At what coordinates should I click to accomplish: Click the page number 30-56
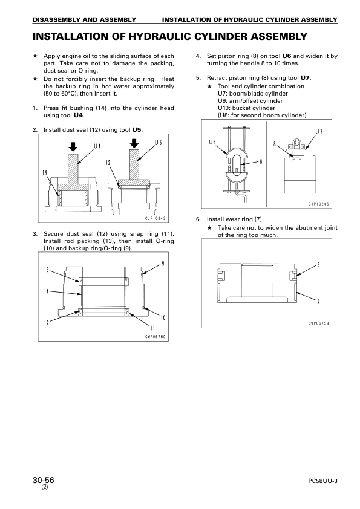coord(43,480)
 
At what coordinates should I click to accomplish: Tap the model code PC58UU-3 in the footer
coord(322,481)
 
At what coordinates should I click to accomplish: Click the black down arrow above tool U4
coord(73,147)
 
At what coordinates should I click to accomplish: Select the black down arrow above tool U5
coord(134,143)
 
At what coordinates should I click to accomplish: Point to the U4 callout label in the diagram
coord(97,146)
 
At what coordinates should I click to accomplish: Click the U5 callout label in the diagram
coord(159,143)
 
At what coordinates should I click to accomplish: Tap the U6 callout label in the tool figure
coord(212,142)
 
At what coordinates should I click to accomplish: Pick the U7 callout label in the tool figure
coord(319,132)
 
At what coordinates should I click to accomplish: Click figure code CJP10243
coord(155,218)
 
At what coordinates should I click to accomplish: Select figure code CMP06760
coord(155,337)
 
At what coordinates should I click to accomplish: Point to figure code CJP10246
coord(319,204)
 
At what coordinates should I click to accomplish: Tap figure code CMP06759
coord(319,323)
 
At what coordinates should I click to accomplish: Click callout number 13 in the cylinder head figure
coord(47,270)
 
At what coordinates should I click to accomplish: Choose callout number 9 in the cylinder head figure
coord(163,264)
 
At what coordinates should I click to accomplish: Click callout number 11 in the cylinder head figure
coord(152,328)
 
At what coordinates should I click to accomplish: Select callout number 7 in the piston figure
coord(318,302)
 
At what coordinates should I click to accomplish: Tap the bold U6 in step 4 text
coord(287,56)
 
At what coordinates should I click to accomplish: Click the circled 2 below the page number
coord(45,488)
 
